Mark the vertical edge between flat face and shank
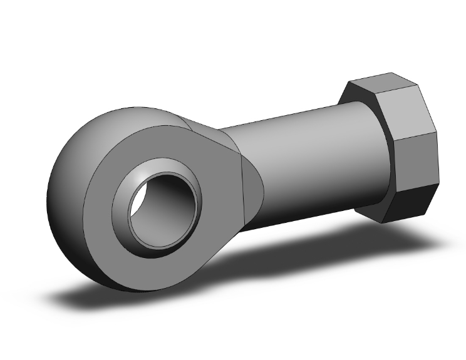tap(243, 188)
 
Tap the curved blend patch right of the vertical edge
tap(254, 182)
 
